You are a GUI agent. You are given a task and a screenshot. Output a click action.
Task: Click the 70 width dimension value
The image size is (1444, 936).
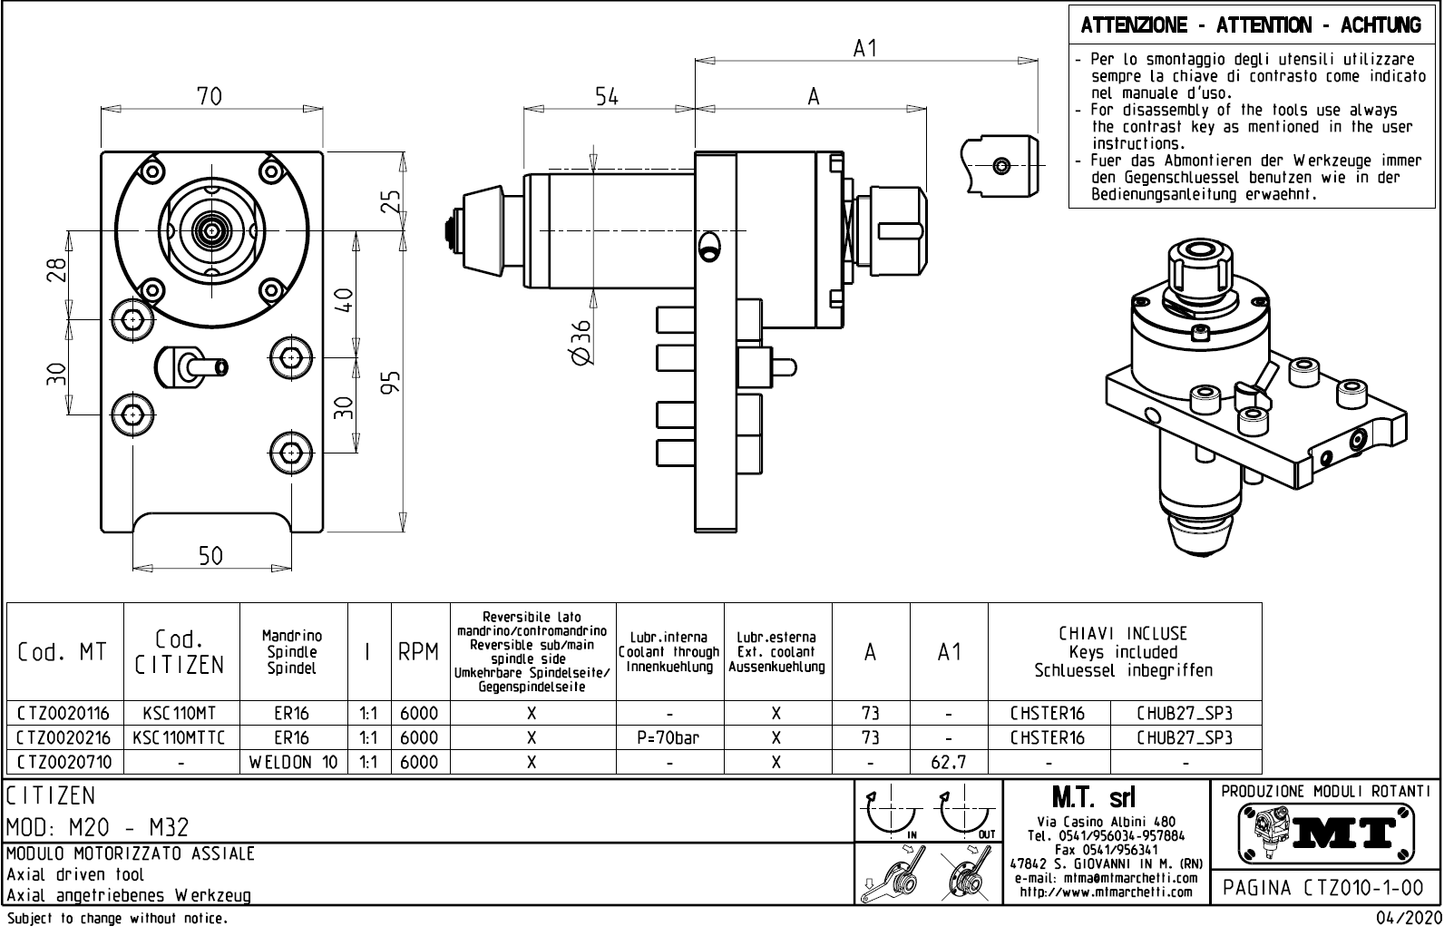pos(210,96)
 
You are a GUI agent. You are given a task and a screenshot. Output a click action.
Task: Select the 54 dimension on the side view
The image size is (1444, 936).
pos(607,96)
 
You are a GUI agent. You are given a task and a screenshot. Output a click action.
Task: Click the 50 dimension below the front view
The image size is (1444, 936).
pos(210,555)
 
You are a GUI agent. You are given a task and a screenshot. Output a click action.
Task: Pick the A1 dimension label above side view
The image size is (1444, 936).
pos(866,49)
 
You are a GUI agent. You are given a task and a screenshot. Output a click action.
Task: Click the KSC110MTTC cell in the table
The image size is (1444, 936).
pos(180,737)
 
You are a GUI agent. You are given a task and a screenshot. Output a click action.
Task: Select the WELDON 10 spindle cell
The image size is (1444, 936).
pos(293,762)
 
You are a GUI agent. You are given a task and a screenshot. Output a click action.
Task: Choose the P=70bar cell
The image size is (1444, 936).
pos(669,737)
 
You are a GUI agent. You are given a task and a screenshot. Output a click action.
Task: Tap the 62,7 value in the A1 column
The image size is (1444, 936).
pos(949,762)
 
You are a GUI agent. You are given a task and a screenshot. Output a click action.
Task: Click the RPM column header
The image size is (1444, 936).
pos(418,652)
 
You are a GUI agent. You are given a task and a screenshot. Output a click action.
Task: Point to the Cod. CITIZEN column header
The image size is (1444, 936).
pos(180,652)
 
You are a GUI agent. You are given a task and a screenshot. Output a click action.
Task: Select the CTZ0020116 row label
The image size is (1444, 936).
pos(63,713)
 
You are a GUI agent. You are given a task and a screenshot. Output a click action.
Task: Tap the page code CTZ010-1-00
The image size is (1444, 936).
pos(1324,887)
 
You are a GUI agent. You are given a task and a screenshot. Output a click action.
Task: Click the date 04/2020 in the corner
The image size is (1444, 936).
pos(1408,919)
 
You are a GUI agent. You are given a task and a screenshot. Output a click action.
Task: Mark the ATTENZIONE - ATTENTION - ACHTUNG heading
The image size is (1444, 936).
pos(1251,25)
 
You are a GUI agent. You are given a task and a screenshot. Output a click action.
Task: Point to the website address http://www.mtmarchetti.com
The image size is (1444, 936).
pos(1106,892)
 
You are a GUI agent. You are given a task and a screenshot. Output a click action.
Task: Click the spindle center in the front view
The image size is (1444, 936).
pos(213,230)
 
